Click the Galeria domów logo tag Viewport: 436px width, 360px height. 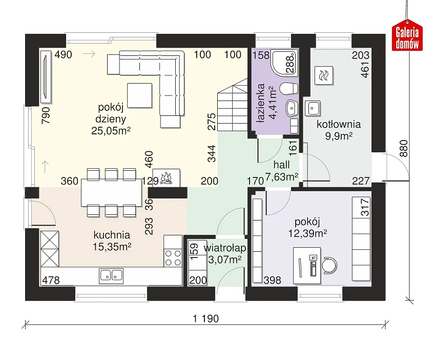[407, 36]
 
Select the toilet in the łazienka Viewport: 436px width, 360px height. [288, 89]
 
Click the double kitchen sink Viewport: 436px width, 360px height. [111, 275]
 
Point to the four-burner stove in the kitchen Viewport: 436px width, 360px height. [173, 258]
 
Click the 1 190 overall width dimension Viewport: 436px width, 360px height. [206, 318]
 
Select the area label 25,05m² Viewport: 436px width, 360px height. [111, 131]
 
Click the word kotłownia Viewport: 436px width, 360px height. [339, 124]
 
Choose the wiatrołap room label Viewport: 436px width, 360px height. [225, 248]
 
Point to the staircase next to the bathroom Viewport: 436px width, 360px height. [233, 105]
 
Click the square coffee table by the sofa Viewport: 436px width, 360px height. [139, 95]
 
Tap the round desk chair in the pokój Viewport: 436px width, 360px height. [329, 265]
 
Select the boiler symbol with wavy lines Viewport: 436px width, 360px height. [324, 75]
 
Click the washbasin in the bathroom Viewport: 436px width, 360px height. [292, 108]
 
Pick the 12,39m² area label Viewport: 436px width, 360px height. [307, 233]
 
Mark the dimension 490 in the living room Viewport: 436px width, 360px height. [63, 54]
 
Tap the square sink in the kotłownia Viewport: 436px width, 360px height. [313, 108]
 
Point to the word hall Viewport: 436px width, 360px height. [281, 165]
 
